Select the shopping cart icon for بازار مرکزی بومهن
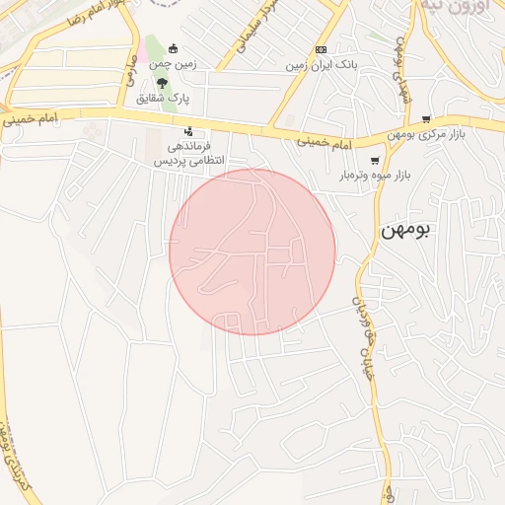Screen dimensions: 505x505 [x=426, y=118]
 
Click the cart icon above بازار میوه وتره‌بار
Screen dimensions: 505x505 [x=375, y=161]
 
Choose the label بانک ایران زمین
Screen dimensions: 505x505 [x=321, y=65]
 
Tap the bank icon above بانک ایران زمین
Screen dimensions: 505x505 [x=321, y=49]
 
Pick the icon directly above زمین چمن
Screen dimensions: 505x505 [x=174, y=48]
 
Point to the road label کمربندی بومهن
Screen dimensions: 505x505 [x=12, y=455]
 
